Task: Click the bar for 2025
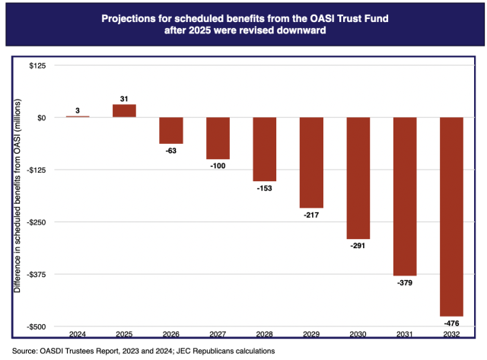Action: tap(124, 111)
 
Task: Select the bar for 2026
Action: tap(170, 130)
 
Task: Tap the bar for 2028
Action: tap(264, 149)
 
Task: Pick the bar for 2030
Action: tap(358, 178)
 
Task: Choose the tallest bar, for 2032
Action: tap(451, 216)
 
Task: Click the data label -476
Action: tap(451, 323)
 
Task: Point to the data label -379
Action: tap(405, 283)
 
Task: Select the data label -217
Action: tap(311, 215)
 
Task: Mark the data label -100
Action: tap(218, 167)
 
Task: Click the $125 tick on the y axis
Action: tap(37, 65)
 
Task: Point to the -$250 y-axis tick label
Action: tap(35, 222)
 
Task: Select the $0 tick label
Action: tap(40, 118)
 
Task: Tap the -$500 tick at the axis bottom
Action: tap(35, 327)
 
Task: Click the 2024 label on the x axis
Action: tap(77, 335)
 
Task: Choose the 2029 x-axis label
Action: tap(311, 335)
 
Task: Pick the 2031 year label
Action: tap(405, 335)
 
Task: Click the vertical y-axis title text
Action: tap(17, 196)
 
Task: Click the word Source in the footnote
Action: tap(27, 351)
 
